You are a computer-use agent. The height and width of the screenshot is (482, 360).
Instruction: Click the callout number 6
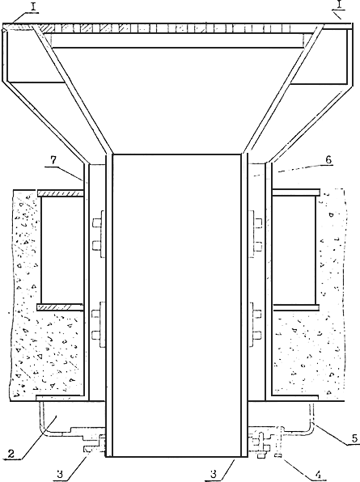tap(328, 160)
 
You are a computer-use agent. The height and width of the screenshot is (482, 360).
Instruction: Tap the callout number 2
tap(11, 454)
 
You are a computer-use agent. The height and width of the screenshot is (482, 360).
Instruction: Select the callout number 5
tap(355, 438)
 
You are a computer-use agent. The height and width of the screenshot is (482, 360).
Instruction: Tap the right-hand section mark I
tap(339, 5)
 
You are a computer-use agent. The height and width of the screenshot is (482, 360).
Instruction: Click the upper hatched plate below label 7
tap(60, 193)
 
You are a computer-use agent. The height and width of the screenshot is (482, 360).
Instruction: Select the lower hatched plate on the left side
tap(60, 307)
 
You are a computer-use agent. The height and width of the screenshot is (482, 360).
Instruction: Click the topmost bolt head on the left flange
tap(97, 223)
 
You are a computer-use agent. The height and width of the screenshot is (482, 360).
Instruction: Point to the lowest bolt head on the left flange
tap(97, 335)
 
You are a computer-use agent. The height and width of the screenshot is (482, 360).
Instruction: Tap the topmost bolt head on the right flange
tap(257, 222)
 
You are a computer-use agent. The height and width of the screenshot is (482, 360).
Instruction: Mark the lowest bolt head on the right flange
tap(257, 335)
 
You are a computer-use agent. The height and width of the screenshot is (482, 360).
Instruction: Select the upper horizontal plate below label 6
tap(296, 192)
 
